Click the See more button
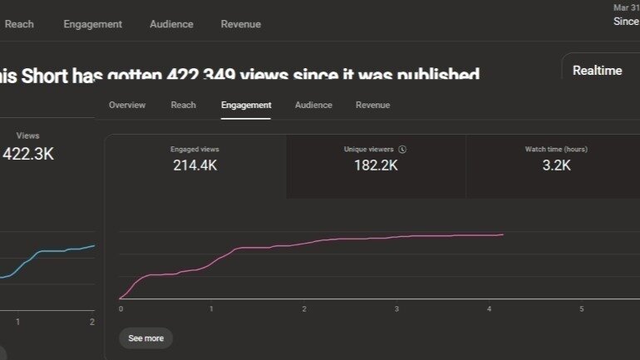[x=145, y=338]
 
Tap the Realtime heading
[x=597, y=71]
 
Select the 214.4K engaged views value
[x=195, y=165]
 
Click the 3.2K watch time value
[x=556, y=165]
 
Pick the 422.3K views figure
[x=28, y=154]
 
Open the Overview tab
[x=126, y=105]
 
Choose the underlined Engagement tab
[x=246, y=105]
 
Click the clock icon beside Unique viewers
[x=402, y=150]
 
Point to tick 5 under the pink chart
[x=581, y=309]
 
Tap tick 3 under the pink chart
[x=396, y=309]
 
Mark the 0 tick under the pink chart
[x=121, y=309]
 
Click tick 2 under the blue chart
[x=91, y=321]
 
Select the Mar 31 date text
[x=626, y=7]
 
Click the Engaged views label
[x=194, y=150]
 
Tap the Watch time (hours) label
[x=556, y=150]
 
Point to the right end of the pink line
[x=503, y=234]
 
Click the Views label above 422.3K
[x=27, y=136]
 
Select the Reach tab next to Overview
[x=183, y=105]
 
